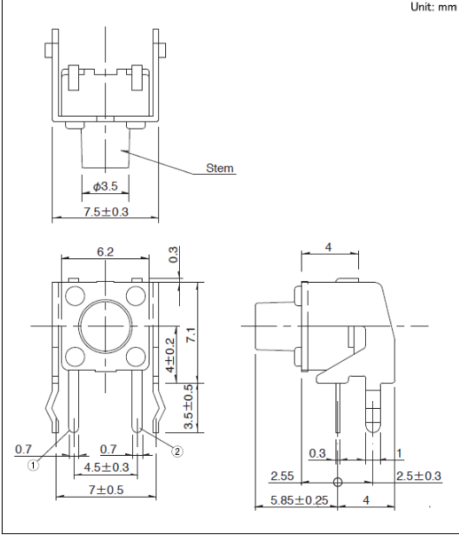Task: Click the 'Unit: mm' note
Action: click(434, 7)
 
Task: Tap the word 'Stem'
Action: click(220, 168)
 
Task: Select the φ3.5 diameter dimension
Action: click(105, 186)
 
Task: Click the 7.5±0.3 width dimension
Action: click(106, 211)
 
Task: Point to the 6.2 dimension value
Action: click(105, 251)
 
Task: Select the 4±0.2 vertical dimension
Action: click(170, 355)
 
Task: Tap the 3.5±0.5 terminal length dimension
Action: click(189, 407)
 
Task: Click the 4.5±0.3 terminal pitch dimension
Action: click(106, 467)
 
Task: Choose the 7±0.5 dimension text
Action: click(106, 490)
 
